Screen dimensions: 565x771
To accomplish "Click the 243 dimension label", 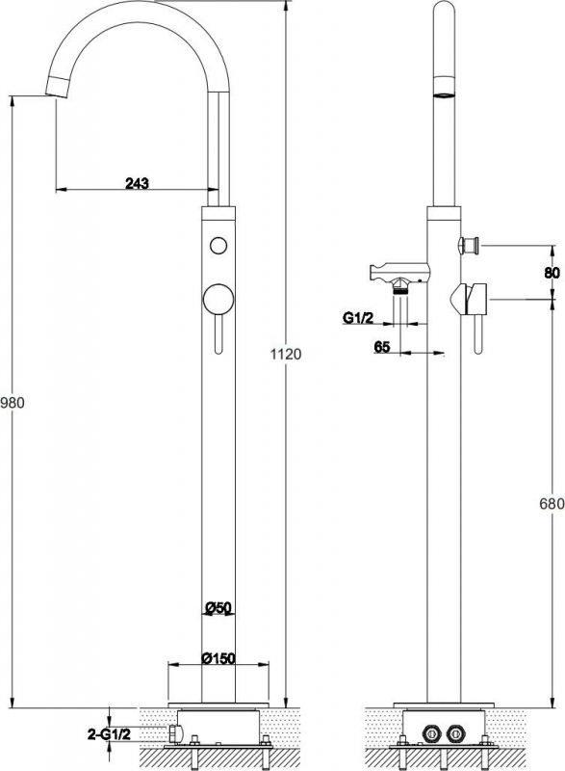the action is tap(137, 183).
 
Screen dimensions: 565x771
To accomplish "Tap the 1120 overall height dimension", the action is tap(286, 354).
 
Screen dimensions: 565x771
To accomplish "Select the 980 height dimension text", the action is tap(13, 403).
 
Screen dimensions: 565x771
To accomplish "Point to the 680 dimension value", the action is tap(552, 503).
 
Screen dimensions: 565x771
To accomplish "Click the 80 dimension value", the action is tap(552, 273).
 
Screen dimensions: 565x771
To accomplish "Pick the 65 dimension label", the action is tap(382, 347).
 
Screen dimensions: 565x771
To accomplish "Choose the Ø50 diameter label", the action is tap(218, 608).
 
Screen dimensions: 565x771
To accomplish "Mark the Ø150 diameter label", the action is tap(218, 658).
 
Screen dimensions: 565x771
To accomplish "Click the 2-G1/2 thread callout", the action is tap(109, 734).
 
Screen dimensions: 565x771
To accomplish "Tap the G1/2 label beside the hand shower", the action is tap(358, 318).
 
